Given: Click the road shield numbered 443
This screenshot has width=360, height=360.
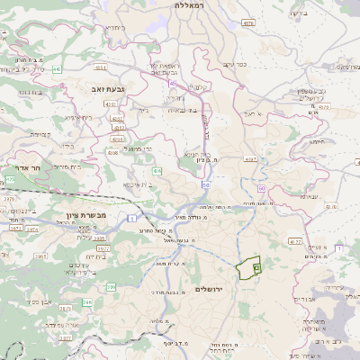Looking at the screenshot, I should (x=57, y=68).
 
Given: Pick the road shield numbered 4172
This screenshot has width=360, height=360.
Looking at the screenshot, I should (x=295, y=241).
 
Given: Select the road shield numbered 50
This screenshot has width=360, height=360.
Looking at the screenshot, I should (x=206, y=185).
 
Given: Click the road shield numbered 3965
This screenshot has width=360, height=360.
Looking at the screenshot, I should (x=40, y=256).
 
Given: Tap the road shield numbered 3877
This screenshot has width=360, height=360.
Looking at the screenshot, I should (x=66, y=337).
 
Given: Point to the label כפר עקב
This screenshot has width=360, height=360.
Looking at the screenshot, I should (x=235, y=64).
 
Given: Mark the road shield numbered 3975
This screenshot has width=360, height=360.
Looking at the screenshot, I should (x=9, y=199).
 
